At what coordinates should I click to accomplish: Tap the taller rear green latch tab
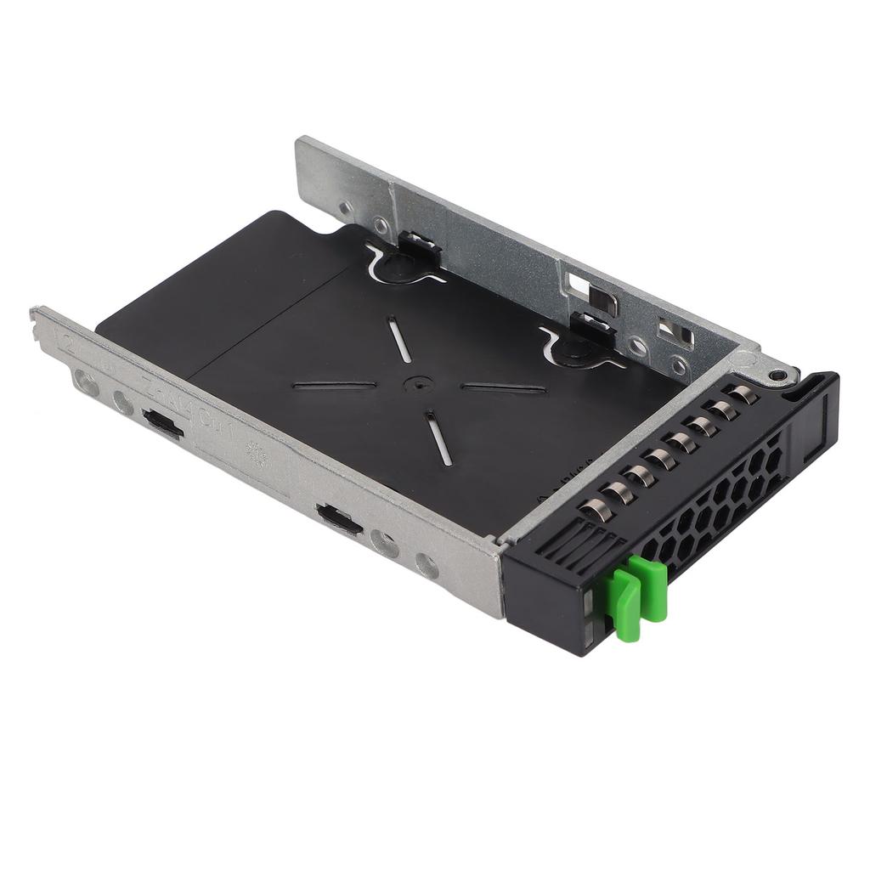tap(652, 586)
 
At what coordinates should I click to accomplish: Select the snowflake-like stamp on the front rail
tap(256, 455)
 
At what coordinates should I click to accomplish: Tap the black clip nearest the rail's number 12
tap(163, 423)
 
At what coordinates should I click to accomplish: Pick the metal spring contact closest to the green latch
tap(594, 511)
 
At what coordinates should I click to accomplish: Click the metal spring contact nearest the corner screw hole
tap(742, 393)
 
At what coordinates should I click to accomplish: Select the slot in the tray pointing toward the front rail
tap(438, 438)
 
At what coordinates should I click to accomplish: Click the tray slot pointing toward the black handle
tap(503, 388)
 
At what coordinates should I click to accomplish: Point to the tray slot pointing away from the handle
tap(334, 385)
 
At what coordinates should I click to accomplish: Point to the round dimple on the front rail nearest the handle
tap(427, 565)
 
